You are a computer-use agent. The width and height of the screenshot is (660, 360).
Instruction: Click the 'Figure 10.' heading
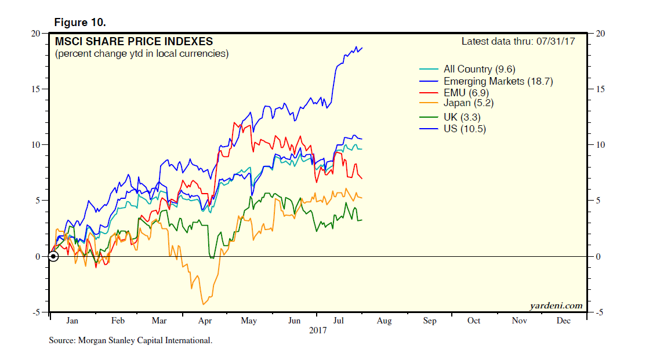coord(80,23)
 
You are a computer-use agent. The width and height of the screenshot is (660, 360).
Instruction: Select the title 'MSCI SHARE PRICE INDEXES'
coord(133,42)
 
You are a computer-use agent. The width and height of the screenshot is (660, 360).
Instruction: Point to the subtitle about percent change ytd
coord(142,54)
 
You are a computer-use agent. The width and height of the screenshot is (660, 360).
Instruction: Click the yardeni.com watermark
coord(556,306)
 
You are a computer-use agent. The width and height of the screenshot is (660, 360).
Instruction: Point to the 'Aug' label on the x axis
coord(384,321)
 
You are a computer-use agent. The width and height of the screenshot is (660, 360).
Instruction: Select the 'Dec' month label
coord(563,321)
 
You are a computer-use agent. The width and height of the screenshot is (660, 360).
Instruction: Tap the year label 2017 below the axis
coord(318,330)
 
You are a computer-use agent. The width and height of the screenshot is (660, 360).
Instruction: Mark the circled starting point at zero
coord(53,256)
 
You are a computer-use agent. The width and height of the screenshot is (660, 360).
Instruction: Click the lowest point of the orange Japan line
coord(204,304)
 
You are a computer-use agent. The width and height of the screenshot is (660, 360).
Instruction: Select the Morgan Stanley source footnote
coord(130,341)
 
